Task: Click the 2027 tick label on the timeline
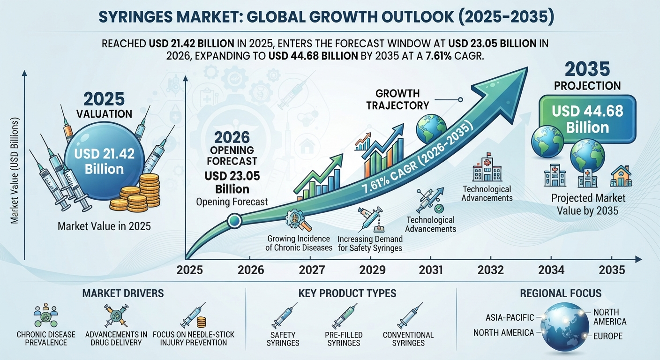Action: click(312, 270)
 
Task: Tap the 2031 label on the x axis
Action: click(431, 270)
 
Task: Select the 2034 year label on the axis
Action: click(551, 270)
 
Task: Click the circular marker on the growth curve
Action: click(234, 221)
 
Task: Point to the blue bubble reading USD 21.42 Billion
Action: click(105, 161)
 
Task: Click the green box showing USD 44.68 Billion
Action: click(587, 120)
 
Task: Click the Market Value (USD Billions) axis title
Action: click(15, 171)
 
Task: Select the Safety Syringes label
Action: click(283, 339)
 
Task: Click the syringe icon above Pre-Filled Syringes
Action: click(344, 317)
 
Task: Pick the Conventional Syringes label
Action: click(408, 339)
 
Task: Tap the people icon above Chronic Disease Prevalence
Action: click(45, 315)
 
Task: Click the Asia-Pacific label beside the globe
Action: click(510, 317)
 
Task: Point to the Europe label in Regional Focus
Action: click(608, 336)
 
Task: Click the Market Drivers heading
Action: click(123, 293)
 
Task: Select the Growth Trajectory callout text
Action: click(397, 99)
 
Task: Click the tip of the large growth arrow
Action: click(527, 67)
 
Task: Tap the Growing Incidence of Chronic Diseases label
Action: click(299, 243)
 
